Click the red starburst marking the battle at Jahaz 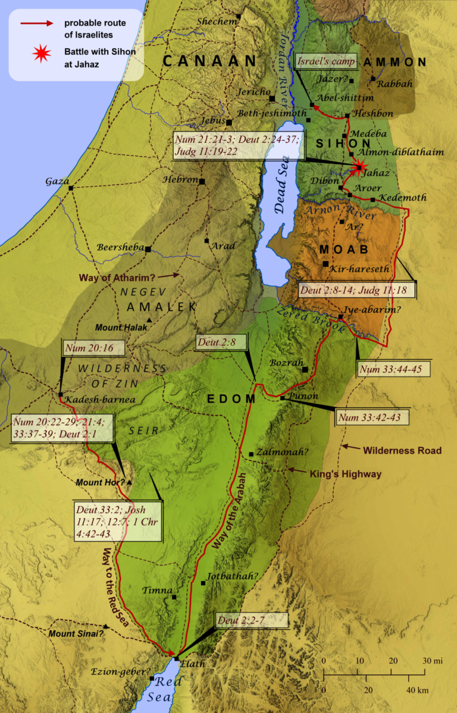(359, 168)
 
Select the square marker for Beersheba (148, 249)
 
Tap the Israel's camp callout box (326, 62)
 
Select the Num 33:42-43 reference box (373, 417)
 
